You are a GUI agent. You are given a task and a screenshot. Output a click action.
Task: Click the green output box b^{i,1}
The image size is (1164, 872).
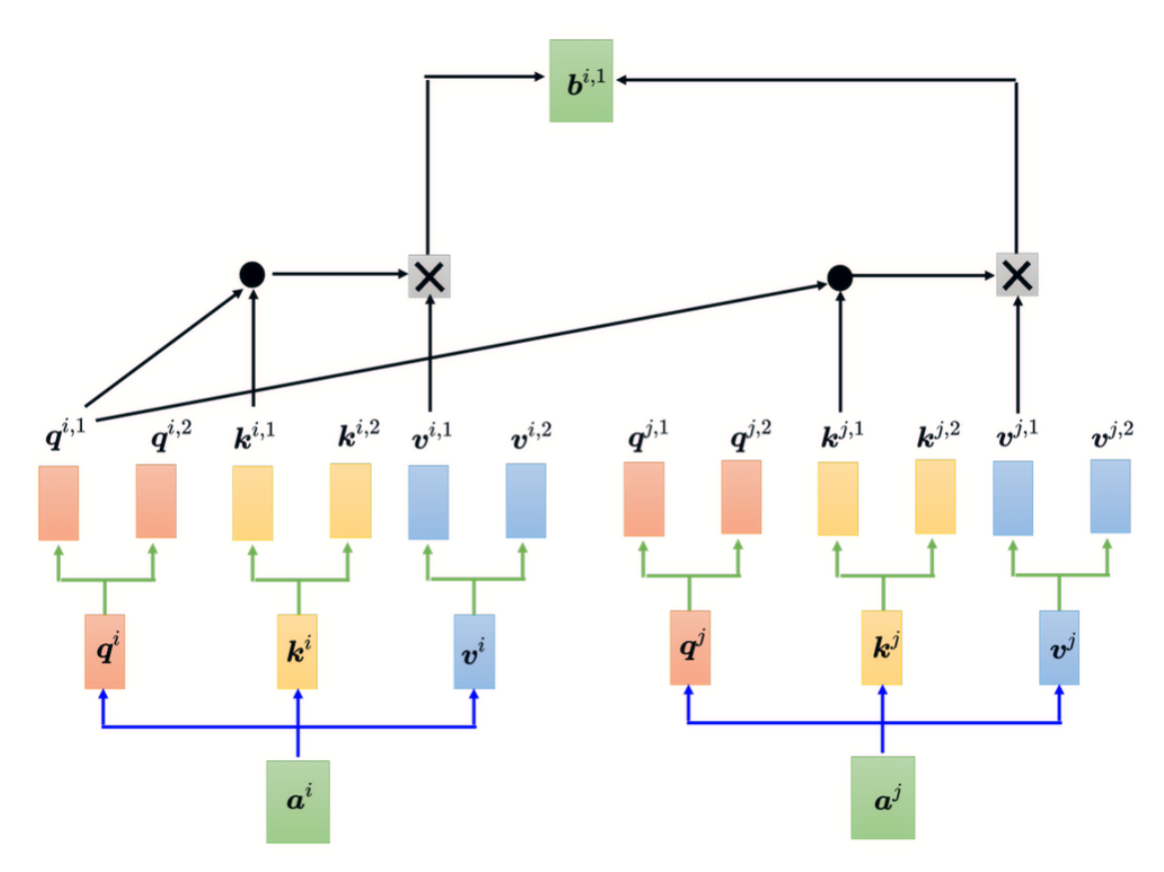(x=581, y=81)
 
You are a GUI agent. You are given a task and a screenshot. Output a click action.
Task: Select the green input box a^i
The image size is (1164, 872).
(x=298, y=801)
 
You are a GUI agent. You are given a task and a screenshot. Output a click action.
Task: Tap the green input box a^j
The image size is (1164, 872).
(x=882, y=798)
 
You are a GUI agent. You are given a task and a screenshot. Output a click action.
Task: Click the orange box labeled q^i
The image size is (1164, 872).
(x=105, y=651)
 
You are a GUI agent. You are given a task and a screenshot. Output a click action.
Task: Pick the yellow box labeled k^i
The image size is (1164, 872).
(x=297, y=651)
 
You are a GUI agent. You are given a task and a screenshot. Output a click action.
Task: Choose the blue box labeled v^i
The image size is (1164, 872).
(x=475, y=651)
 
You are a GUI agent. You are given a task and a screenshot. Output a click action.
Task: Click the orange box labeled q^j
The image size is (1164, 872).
(x=690, y=648)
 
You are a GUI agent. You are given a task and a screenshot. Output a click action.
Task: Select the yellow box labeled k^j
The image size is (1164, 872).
(x=882, y=648)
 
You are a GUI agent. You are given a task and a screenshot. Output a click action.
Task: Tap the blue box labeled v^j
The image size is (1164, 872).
(x=1059, y=648)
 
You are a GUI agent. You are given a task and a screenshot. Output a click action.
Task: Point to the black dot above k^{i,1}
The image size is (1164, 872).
(x=253, y=275)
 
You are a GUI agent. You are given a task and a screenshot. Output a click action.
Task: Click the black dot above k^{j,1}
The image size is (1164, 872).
(x=839, y=279)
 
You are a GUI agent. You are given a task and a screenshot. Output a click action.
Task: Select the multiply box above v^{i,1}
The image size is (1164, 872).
(x=429, y=277)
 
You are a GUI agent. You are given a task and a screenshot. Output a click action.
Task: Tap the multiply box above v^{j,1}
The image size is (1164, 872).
(x=1017, y=275)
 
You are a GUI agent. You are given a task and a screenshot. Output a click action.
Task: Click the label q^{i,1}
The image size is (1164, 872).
(x=65, y=435)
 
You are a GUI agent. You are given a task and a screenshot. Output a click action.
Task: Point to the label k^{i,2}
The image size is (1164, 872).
(x=360, y=435)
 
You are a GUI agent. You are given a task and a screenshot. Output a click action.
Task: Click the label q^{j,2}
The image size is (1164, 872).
(x=751, y=435)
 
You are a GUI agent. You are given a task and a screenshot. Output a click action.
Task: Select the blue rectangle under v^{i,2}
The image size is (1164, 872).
(x=526, y=501)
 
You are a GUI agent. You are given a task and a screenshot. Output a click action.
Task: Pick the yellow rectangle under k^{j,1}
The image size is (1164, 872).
(x=838, y=498)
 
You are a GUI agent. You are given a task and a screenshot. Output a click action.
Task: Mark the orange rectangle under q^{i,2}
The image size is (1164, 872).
(x=156, y=501)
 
